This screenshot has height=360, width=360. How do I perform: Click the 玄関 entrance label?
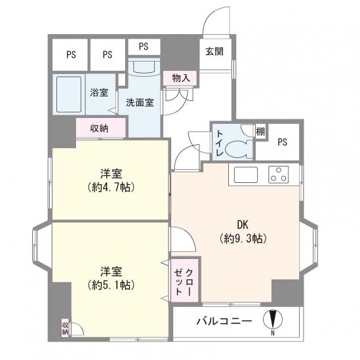click(214, 51)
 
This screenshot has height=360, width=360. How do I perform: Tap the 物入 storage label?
click(181, 78)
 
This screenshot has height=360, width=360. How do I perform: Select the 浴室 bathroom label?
click(99, 92)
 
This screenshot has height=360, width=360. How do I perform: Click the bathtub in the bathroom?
click(69, 94)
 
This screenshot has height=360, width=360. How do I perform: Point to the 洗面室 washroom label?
click(140, 103)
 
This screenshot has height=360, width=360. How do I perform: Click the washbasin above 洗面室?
click(144, 67)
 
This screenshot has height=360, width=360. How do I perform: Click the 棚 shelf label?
click(260, 132)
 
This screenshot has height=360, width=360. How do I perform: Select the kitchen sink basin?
click(245, 174)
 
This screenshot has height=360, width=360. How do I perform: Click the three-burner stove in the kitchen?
click(279, 174)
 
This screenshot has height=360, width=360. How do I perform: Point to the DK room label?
click(243, 225)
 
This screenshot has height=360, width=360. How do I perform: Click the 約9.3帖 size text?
click(243, 239)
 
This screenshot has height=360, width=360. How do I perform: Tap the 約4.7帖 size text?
click(111, 188)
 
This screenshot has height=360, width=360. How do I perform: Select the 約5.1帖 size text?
click(111, 285)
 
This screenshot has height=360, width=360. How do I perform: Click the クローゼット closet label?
click(184, 282)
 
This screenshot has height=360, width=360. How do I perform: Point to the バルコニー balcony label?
click(224, 321)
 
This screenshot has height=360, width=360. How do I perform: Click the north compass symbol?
click(273, 319)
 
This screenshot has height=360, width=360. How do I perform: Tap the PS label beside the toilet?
click(282, 142)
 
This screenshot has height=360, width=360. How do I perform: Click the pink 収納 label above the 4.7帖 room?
click(99, 129)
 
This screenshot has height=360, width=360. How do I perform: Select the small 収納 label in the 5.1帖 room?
click(65, 329)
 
